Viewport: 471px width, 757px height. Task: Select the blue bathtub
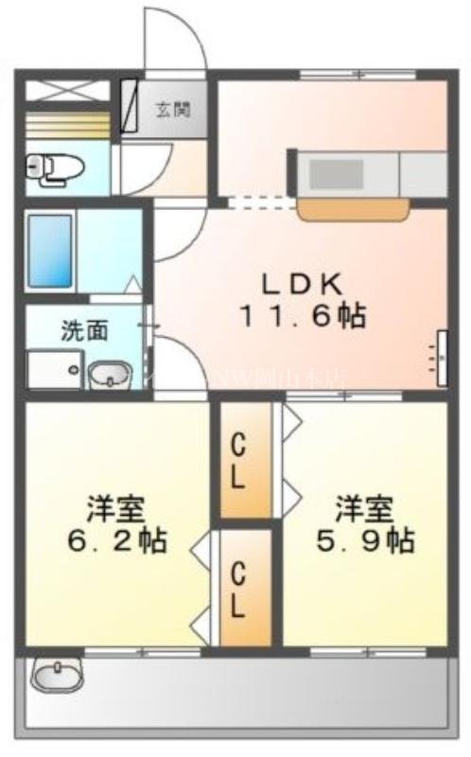[x=50, y=250]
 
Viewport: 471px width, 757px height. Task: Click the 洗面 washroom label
[x=84, y=330]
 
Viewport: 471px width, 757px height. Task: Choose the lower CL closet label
[x=239, y=590]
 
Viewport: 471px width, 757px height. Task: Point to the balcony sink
[x=58, y=676]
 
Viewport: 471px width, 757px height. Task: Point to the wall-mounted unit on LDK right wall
[x=442, y=358]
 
